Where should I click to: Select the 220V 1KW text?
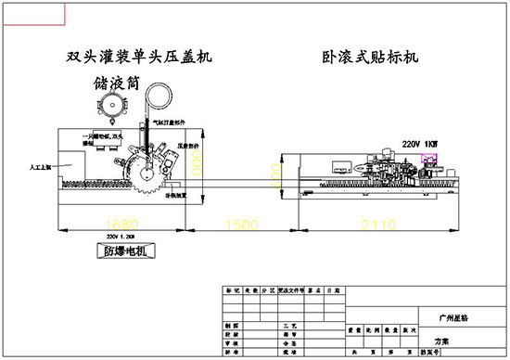coord(418,144)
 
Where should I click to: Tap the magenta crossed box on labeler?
coord(430,160)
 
